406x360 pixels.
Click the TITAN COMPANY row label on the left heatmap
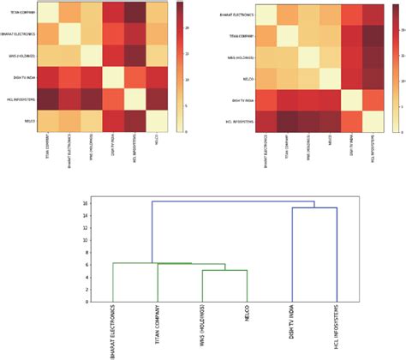[x=19, y=13]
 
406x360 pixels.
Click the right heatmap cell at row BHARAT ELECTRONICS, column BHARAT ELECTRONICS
[x=255, y=15]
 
